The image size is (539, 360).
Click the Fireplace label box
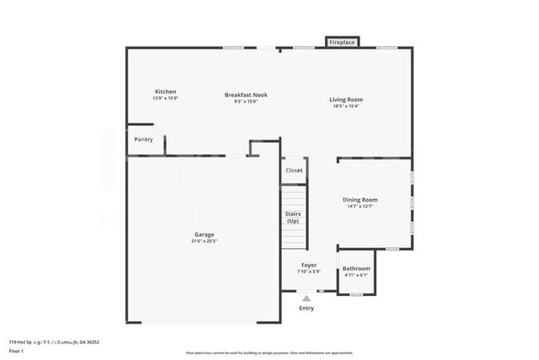[x=342, y=41]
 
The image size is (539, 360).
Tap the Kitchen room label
[x=165, y=91]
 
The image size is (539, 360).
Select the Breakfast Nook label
[x=246, y=95]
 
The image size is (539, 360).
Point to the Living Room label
[x=347, y=100]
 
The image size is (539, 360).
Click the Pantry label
[x=143, y=139]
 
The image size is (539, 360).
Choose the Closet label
[x=294, y=170]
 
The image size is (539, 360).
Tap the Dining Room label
[x=360, y=200]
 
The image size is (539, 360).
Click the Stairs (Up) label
[x=293, y=217]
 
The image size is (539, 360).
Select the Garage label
[x=204, y=235]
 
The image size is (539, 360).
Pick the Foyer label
[x=308, y=266]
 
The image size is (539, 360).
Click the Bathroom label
[x=357, y=269]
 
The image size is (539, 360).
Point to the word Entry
[x=307, y=309]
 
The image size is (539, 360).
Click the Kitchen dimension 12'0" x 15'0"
[x=165, y=99]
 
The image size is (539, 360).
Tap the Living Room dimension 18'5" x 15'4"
[x=347, y=106]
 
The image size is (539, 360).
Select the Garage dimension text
[x=204, y=241]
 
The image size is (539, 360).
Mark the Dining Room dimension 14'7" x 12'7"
[x=360, y=207]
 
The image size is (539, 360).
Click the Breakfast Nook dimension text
[x=246, y=102]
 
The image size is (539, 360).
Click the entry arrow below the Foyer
[x=307, y=297]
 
